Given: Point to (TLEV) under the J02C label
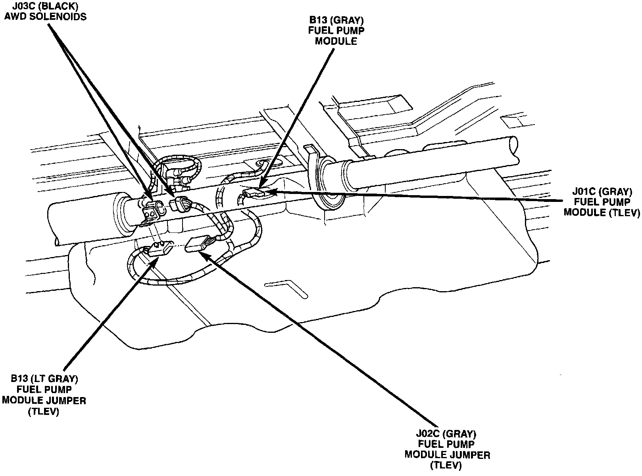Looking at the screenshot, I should [447, 464].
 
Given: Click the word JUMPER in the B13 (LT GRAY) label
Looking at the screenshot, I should [66, 400].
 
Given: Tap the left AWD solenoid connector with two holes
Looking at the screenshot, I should [151, 210].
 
